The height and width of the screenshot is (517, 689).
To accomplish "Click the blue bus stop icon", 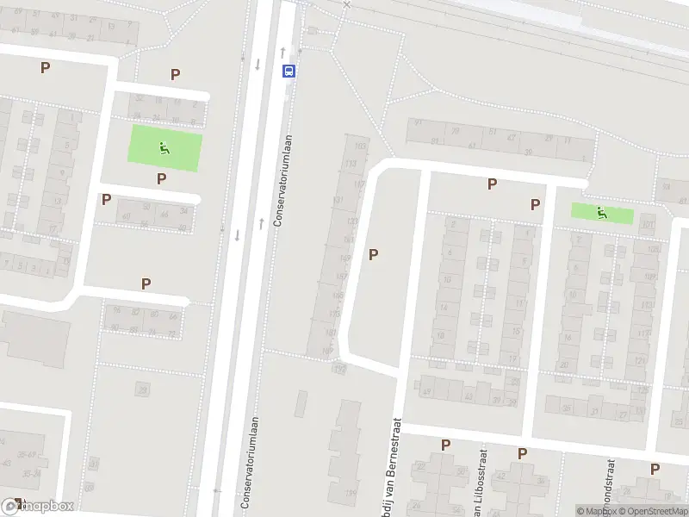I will click(x=289, y=71).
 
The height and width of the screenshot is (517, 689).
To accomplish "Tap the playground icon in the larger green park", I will click(x=164, y=147).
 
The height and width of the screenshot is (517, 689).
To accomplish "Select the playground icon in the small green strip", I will click(x=600, y=212).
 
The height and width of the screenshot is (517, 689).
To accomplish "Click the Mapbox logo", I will click(x=38, y=507).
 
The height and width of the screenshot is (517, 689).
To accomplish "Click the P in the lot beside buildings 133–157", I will click(x=373, y=254).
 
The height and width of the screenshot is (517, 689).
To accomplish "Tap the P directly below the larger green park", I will click(x=161, y=178).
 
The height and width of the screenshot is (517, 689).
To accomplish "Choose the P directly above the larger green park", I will click(x=175, y=74).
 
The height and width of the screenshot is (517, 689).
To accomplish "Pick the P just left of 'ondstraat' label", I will click(x=522, y=453).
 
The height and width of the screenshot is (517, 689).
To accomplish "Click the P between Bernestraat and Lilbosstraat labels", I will click(x=445, y=445).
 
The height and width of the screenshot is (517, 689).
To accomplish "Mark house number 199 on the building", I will click(x=351, y=493).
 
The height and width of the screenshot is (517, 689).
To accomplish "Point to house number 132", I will click(x=339, y=369).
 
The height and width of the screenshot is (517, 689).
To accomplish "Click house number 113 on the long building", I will click(x=350, y=164).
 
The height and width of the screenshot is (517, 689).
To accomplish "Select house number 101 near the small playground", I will click(x=647, y=227).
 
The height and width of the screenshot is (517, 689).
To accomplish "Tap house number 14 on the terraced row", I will click(x=444, y=307).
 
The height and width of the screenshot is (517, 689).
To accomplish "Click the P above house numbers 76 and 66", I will click(x=146, y=283).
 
